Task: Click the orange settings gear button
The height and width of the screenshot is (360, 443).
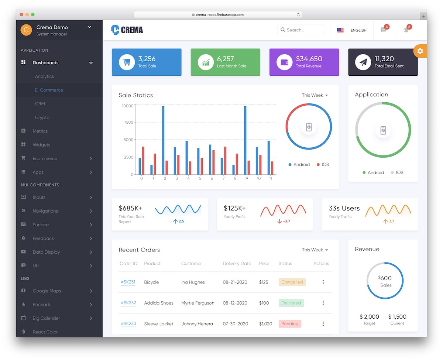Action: [420, 51]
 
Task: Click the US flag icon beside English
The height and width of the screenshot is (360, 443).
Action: [340, 30]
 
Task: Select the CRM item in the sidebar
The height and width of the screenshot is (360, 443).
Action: [40, 104]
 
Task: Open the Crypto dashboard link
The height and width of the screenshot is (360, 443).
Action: [42, 117]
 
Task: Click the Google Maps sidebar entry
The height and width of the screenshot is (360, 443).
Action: [47, 291]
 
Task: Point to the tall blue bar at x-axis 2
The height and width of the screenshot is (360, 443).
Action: [163, 140]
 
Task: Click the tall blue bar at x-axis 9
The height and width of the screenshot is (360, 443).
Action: [245, 140]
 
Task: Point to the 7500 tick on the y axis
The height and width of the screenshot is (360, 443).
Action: [128, 122]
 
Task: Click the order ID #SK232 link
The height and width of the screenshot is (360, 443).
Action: [128, 303]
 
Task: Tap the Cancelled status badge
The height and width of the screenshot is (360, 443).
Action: [292, 282]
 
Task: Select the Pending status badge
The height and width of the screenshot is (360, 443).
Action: [290, 324]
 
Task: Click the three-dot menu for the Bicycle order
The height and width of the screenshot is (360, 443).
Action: [323, 282]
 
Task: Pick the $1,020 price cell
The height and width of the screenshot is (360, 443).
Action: [265, 324]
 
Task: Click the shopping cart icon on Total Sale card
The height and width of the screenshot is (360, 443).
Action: [127, 62]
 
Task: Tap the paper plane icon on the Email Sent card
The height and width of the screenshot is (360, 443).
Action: [363, 62]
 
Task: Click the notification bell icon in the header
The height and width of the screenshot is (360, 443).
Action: [406, 30]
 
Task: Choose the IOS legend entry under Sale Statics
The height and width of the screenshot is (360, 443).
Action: [323, 165]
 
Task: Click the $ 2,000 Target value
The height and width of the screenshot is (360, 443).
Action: [369, 317]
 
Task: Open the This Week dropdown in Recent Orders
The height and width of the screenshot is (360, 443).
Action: [315, 250]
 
